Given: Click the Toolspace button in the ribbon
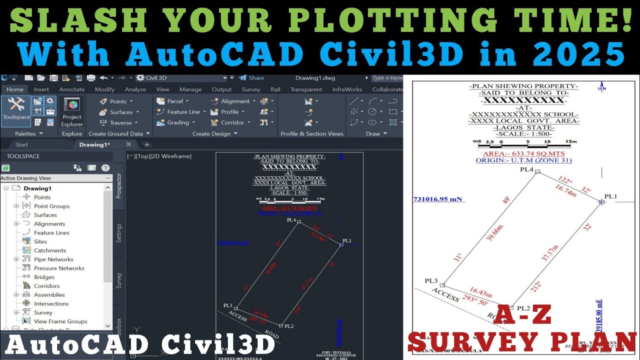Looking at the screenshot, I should coord(16,108).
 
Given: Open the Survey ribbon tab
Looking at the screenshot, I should coord(251,89).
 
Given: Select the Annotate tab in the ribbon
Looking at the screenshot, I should coord(72,89).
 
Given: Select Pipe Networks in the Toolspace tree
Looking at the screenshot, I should coord(53,259).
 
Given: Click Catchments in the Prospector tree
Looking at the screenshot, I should coord(50,250).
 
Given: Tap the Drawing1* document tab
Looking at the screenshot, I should coord(94,144).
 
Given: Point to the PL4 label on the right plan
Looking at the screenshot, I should coord(526,169).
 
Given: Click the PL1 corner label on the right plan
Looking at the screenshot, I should coord(611,196).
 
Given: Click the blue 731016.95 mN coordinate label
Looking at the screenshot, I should coord(437,199).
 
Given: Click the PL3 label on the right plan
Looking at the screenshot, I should coord(431,281).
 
